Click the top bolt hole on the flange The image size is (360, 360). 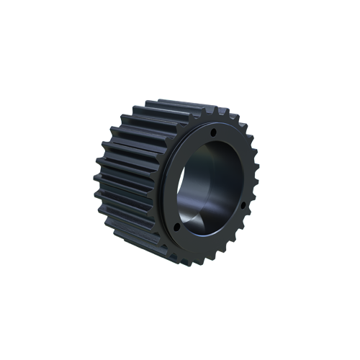[x=214, y=132]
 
